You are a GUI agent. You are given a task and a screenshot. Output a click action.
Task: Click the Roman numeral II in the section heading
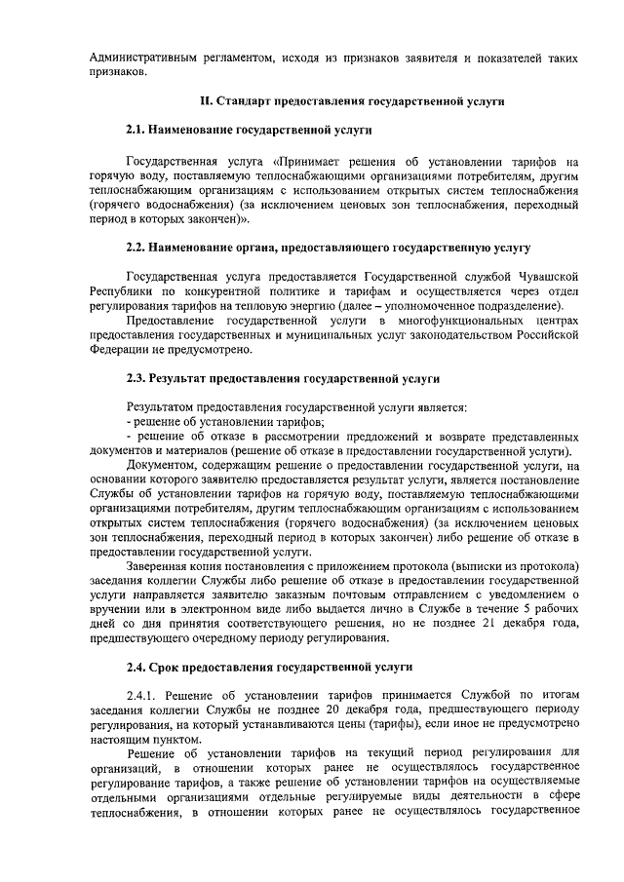click(x=203, y=101)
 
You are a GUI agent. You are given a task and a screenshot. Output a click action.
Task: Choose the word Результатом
click(x=160, y=407)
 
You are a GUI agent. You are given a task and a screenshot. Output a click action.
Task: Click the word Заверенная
click(x=158, y=567)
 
